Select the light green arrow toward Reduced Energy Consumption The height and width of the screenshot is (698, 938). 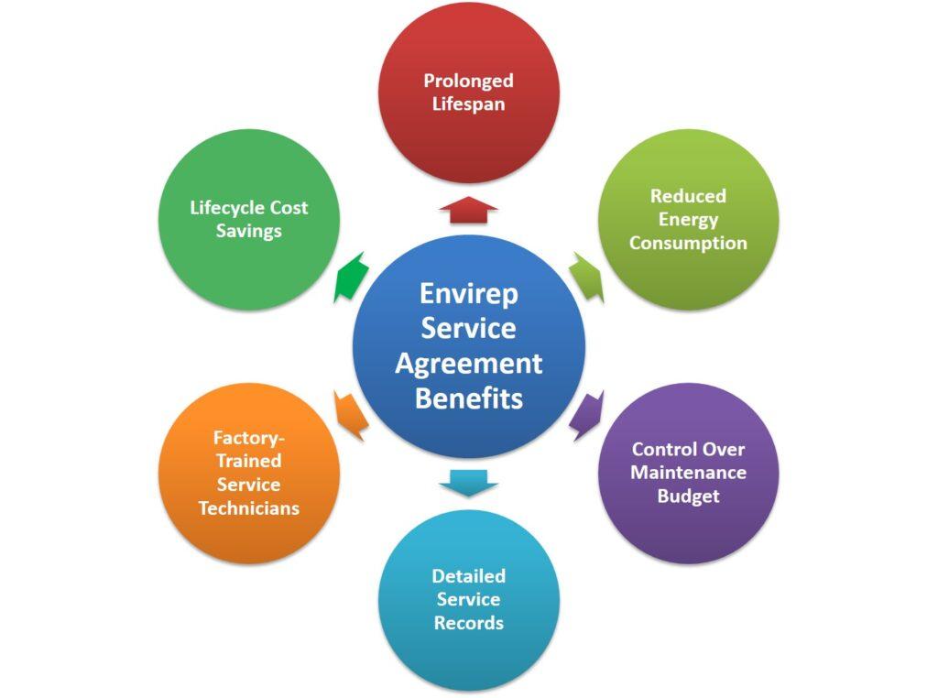(x=586, y=277)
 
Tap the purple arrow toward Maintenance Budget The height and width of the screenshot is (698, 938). (x=586, y=415)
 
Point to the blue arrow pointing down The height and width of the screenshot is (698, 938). (x=468, y=482)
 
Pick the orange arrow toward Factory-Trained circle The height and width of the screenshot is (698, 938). (x=351, y=415)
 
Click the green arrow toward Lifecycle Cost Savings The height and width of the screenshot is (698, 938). (x=351, y=277)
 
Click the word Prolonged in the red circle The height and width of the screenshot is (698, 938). (x=468, y=81)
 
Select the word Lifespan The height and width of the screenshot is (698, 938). (x=468, y=104)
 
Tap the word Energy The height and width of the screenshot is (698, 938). (x=688, y=219)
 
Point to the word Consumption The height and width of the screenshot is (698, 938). (x=688, y=243)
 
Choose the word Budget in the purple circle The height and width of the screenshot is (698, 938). (x=688, y=496)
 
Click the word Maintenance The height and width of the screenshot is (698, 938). (x=688, y=473)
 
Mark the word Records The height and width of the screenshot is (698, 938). (x=468, y=623)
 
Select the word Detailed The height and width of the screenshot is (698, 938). (x=468, y=576)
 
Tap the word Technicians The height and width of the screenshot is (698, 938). (x=249, y=507)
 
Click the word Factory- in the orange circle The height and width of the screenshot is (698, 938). (x=249, y=438)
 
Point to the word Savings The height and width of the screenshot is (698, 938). (x=249, y=231)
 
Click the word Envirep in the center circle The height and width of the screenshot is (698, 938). (x=468, y=293)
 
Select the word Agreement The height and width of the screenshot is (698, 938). (x=468, y=364)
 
